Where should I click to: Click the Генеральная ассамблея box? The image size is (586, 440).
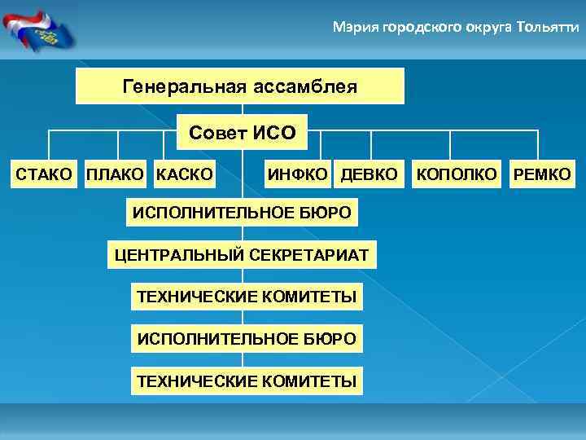tap(240, 86)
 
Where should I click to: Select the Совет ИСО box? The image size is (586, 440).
tap(243, 131)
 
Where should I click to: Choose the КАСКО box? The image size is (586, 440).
tap(185, 174)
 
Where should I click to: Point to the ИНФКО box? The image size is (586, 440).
tap(299, 174)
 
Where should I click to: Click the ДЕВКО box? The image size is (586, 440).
tap(370, 174)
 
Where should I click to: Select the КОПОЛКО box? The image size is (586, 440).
tap(457, 174)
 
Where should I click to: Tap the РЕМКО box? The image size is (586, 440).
tap(540, 174)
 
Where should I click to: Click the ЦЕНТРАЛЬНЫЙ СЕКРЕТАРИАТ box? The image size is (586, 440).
tap(241, 256)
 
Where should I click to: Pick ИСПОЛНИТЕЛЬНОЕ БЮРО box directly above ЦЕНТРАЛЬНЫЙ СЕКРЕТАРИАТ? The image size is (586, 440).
tap(243, 213)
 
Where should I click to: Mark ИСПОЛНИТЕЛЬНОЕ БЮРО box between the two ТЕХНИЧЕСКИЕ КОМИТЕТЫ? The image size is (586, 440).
tap(247, 338)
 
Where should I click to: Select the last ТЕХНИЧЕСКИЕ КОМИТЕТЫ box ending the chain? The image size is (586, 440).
tap(247, 380)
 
